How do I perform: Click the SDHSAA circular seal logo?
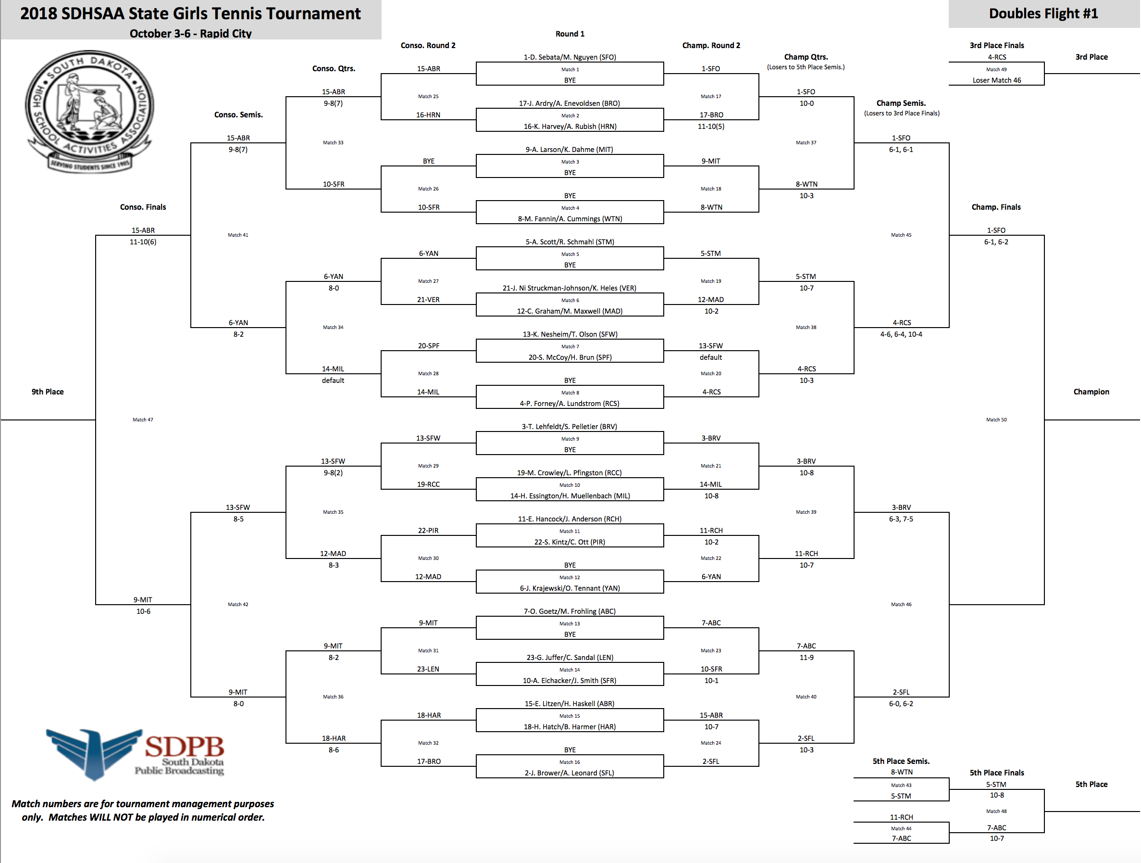[x=89, y=112]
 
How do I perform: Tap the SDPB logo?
[x=135, y=754]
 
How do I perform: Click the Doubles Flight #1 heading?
[x=1043, y=13]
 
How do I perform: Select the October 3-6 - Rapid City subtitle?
[x=190, y=34]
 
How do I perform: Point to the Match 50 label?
[x=996, y=419]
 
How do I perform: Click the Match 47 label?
[x=143, y=419]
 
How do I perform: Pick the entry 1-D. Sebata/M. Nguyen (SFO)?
[x=570, y=57]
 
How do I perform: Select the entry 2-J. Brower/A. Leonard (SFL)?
[x=570, y=773]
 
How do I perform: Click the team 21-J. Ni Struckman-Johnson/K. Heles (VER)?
[x=570, y=288]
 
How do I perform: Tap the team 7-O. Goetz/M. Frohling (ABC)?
[x=570, y=611]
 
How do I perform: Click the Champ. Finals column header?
[x=995, y=207]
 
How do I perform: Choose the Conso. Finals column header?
[x=143, y=207]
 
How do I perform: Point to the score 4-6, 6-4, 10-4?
[x=901, y=334]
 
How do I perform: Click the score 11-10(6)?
[x=143, y=241]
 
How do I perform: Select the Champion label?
[x=1091, y=392]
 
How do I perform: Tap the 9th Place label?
[x=48, y=392]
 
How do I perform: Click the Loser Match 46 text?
[x=996, y=80]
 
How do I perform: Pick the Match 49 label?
[x=996, y=69]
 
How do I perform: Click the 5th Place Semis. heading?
[x=901, y=761]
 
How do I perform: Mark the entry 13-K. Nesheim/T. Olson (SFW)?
[x=570, y=334]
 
